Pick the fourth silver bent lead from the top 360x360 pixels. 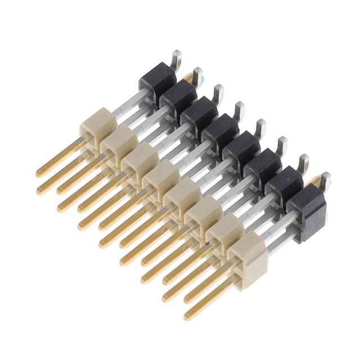239,109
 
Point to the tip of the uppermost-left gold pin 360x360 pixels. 40,173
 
